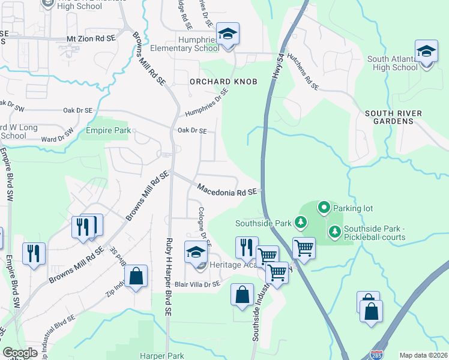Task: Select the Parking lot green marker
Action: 324,208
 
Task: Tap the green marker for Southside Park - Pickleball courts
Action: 334,230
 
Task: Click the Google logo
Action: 20,353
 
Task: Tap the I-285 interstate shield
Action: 377,355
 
